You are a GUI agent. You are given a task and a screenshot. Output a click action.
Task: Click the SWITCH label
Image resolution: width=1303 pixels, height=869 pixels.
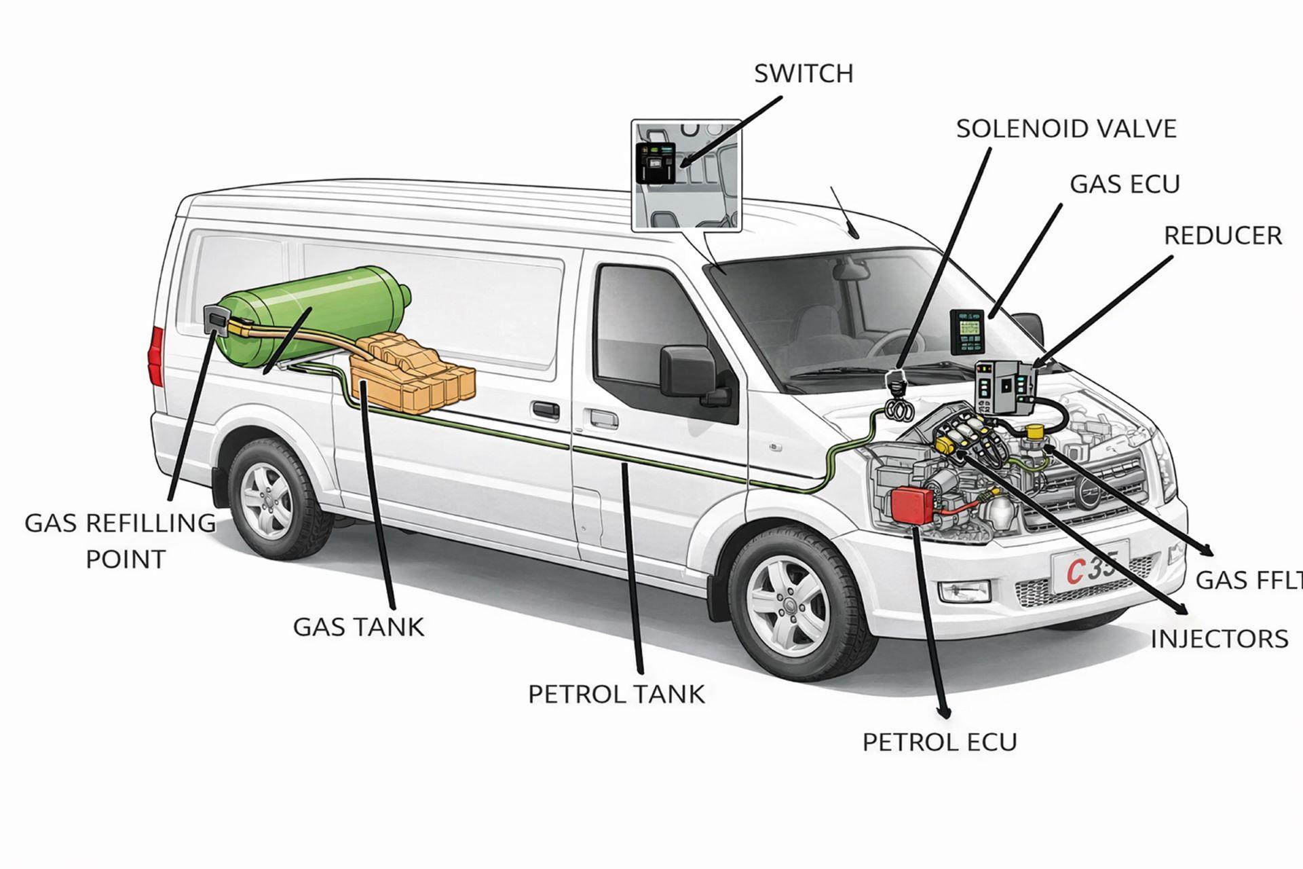(x=804, y=73)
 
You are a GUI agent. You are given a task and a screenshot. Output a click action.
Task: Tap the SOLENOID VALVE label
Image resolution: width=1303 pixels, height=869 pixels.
(x=1065, y=128)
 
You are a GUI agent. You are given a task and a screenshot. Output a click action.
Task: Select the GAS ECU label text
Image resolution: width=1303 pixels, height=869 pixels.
(x=1125, y=184)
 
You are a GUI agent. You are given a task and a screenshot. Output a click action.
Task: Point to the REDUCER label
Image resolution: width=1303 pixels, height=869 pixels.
(x=1222, y=236)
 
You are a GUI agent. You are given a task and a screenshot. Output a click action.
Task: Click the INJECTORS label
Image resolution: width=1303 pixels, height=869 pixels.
(x=1219, y=639)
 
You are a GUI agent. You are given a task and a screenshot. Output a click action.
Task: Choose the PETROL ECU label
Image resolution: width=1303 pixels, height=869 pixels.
(x=939, y=742)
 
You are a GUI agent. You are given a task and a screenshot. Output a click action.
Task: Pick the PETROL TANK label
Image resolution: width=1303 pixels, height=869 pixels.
(x=616, y=694)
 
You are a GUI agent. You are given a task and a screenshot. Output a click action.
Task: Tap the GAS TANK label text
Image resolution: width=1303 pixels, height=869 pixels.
(x=358, y=627)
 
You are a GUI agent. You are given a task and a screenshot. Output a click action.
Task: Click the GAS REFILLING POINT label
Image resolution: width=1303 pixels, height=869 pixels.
(x=120, y=541)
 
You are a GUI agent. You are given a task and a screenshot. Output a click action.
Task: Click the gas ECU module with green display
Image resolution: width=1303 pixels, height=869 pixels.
(x=966, y=332)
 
